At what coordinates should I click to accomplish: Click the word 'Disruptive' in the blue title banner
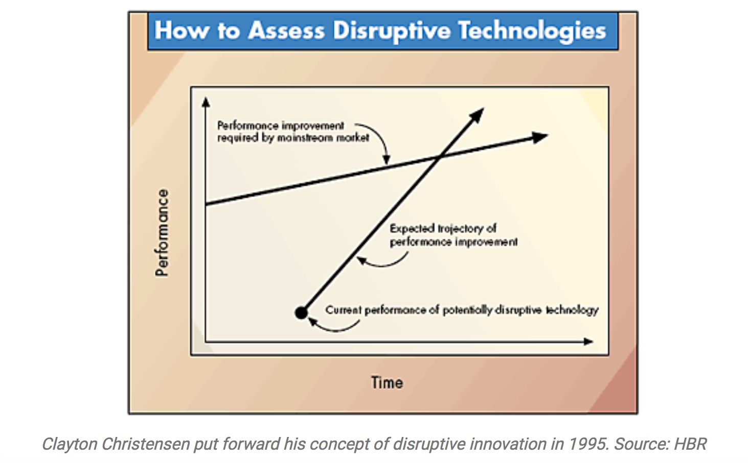pyautogui.click(x=392, y=31)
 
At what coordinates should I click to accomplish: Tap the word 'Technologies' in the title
pyautogui.click(x=533, y=31)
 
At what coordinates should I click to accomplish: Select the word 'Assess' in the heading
pyautogui.click(x=286, y=31)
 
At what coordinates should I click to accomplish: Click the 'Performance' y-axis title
pyautogui.click(x=162, y=233)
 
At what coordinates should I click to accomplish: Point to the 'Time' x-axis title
pyautogui.click(x=387, y=382)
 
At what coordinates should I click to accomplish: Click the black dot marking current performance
pyautogui.click(x=301, y=313)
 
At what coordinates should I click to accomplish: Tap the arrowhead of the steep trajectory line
pyautogui.click(x=477, y=115)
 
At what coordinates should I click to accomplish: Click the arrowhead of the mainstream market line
pyautogui.click(x=539, y=137)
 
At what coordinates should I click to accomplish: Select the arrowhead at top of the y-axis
pyautogui.click(x=206, y=102)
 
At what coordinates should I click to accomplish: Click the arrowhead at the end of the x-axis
pyautogui.click(x=588, y=342)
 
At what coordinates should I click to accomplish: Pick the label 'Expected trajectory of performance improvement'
pyautogui.click(x=454, y=235)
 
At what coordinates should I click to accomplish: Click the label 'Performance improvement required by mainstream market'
pyautogui.click(x=293, y=132)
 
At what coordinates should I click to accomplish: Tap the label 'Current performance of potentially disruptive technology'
pyautogui.click(x=462, y=310)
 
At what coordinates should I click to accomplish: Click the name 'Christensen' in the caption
pyautogui.click(x=146, y=444)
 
